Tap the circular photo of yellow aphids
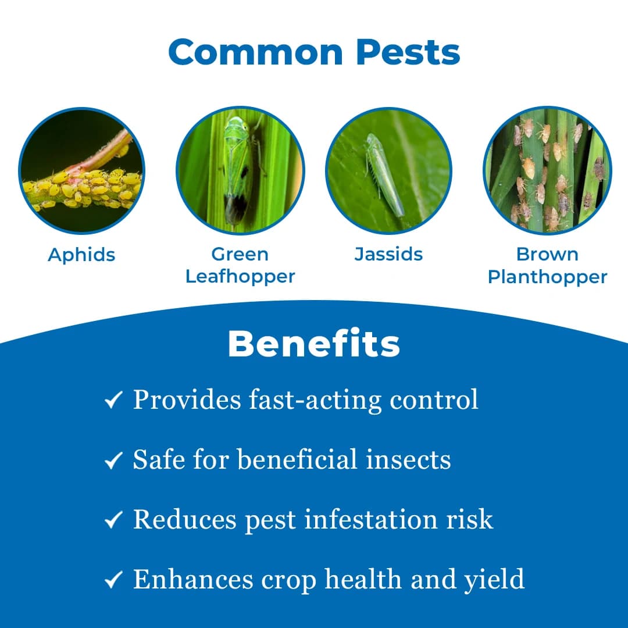(x=81, y=172)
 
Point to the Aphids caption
(x=81, y=255)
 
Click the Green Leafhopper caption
(x=240, y=265)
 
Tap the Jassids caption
(x=388, y=254)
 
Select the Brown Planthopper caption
(x=547, y=265)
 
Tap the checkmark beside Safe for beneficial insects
(x=113, y=461)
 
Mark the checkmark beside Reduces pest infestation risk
(x=113, y=520)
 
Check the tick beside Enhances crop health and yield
(x=113, y=580)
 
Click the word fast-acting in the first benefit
(x=315, y=400)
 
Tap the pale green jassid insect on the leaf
(x=384, y=174)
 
